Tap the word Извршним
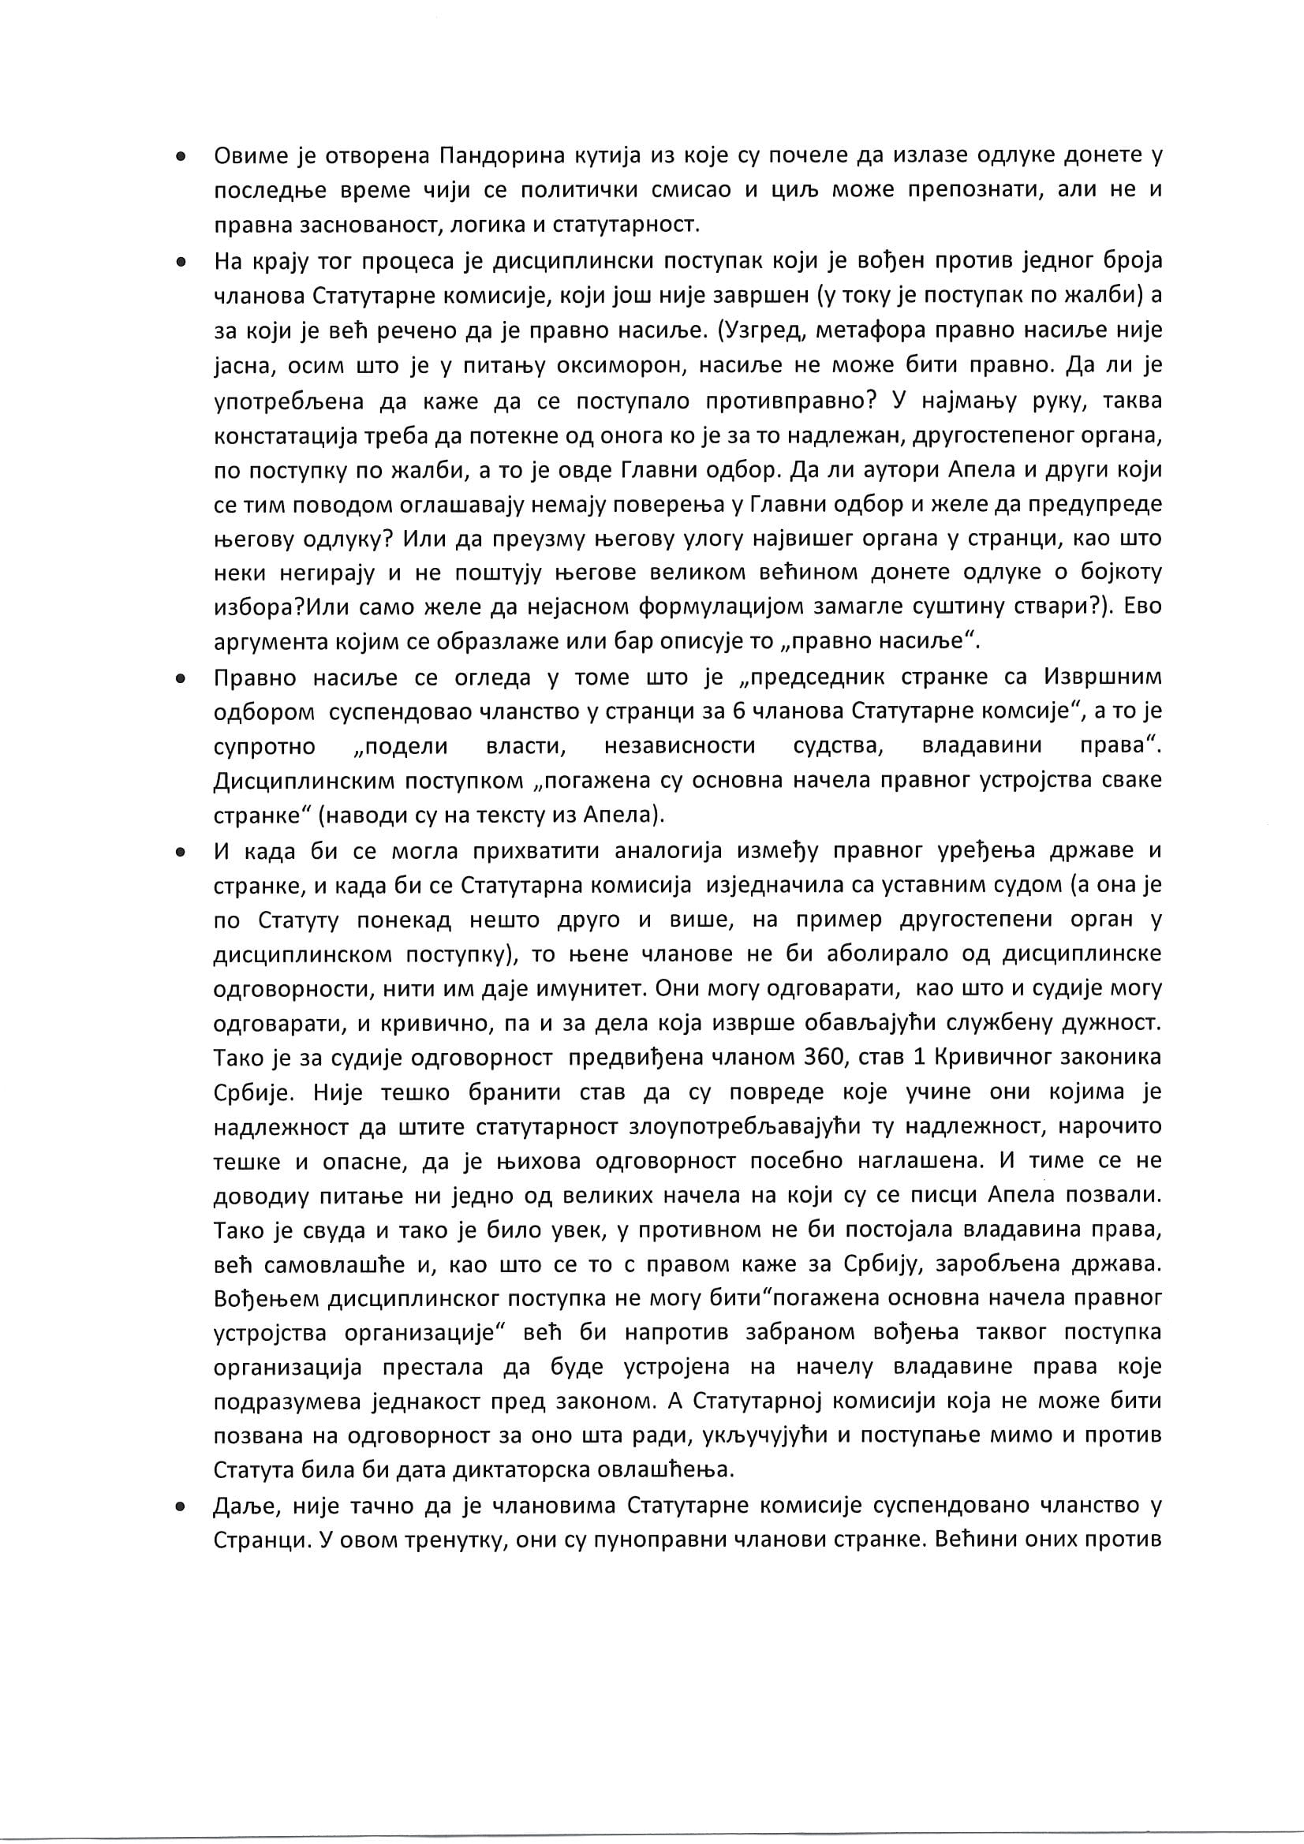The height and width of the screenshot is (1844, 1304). [1102, 677]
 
